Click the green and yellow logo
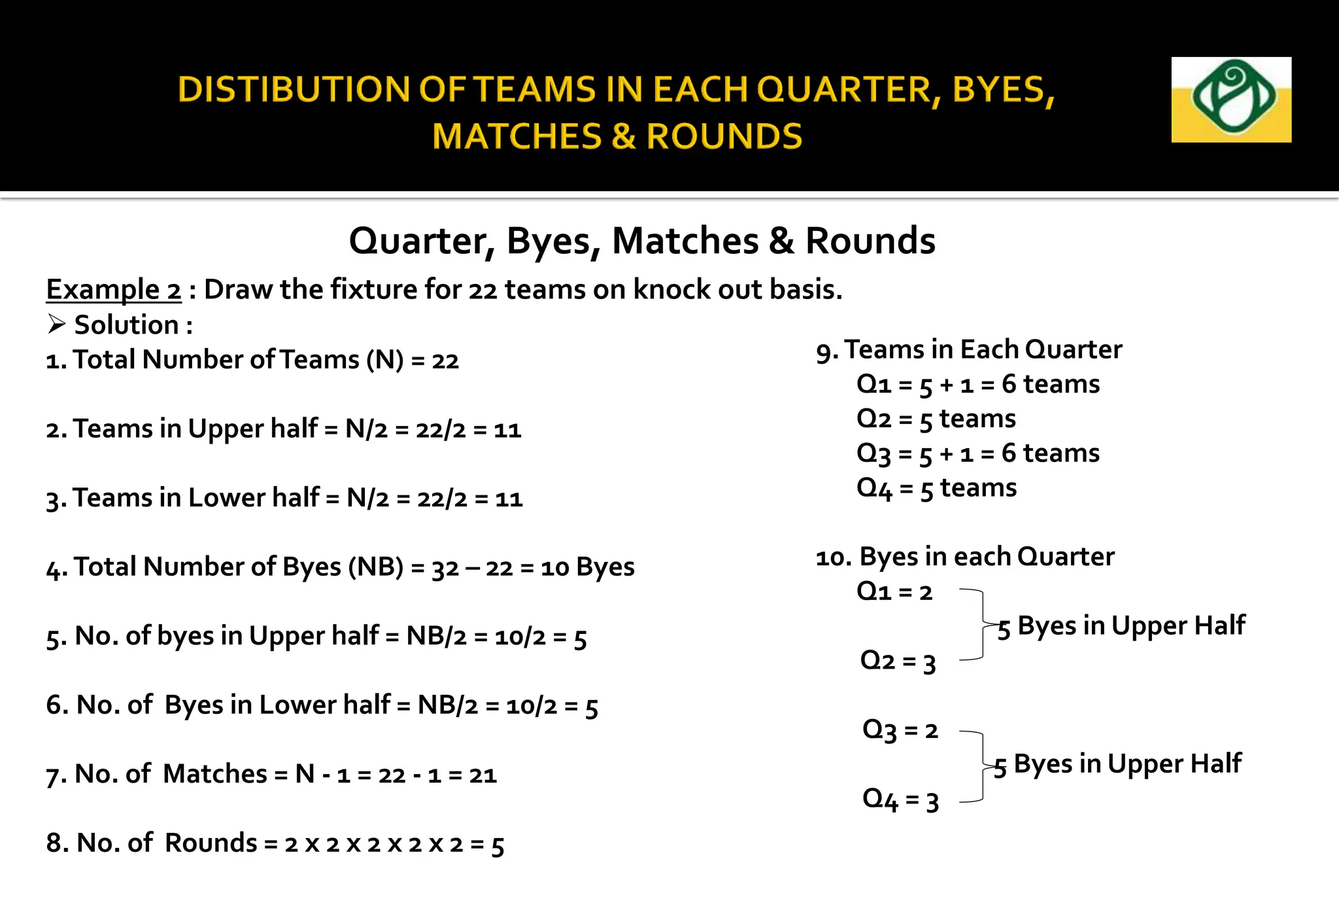tap(1230, 99)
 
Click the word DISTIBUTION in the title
tap(294, 90)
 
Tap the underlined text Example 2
tap(114, 289)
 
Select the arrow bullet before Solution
tap(57, 325)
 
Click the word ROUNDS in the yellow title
tap(724, 137)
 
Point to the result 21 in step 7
tap(483, 775)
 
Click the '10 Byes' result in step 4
tap(587, 567)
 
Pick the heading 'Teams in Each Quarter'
tap(983, 350)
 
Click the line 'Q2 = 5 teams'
tap(936, 419)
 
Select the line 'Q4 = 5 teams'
tap(936, 488)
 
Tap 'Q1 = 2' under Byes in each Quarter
tap(894, 591)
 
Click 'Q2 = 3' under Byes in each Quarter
tap(898, 661)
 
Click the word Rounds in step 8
tap(211, 843)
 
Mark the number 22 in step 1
tap(445, 360)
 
